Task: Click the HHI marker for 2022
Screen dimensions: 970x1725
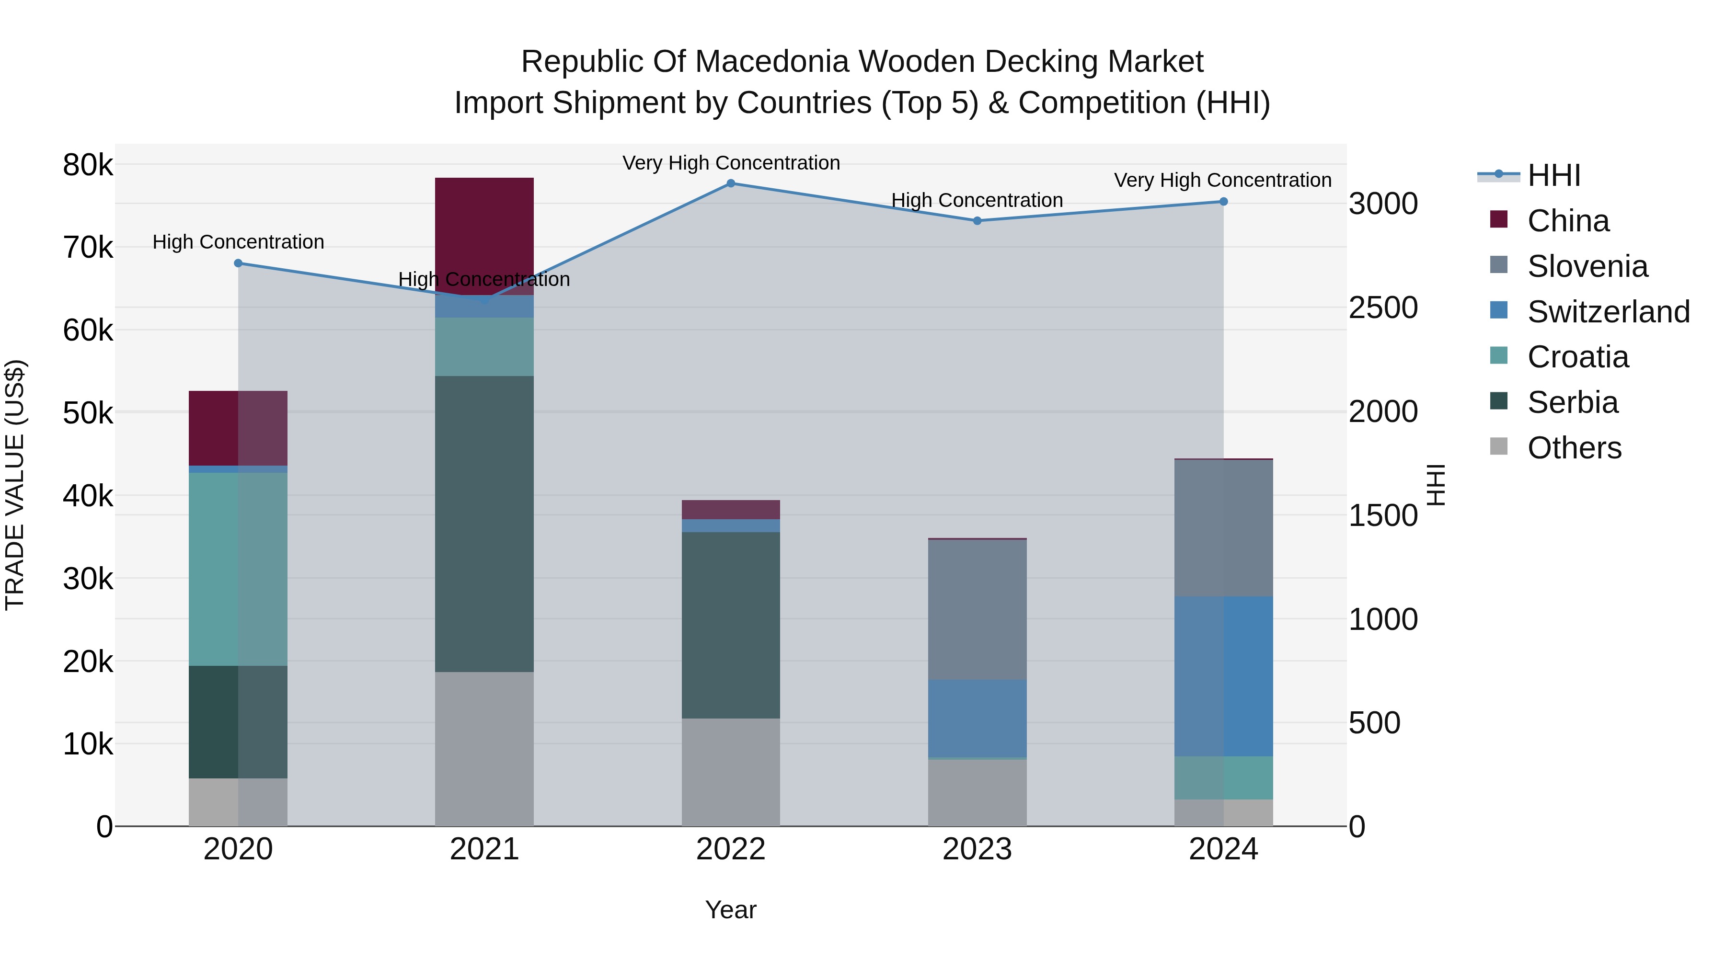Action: point(731,183)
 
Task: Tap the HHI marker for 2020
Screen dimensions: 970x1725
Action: point(239,263)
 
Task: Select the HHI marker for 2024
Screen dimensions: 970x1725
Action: point(1223,202)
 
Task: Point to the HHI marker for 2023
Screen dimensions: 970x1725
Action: point(977,221)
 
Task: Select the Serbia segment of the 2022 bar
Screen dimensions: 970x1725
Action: point(731,625)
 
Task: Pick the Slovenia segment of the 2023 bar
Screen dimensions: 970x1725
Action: point(977,609)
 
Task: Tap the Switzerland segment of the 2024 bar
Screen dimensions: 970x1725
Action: point(1223,676)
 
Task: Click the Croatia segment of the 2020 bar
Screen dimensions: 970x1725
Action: point(239,569)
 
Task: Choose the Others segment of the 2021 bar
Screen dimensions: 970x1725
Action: point(484,748)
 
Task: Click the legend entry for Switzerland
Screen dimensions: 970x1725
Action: point(1608,312)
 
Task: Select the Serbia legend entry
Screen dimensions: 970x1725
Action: point(1572,402)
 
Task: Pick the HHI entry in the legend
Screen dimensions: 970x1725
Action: point(1553,175)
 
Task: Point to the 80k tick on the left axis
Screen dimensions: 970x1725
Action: point(88,165)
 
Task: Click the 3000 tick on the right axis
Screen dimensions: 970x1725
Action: point(1383,204)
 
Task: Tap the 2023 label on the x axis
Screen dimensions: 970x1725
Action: point(977,849)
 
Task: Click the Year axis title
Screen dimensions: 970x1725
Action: point(731,910)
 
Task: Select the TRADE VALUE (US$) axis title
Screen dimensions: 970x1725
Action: point(15,485)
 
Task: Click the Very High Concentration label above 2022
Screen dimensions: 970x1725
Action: point(731,163)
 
